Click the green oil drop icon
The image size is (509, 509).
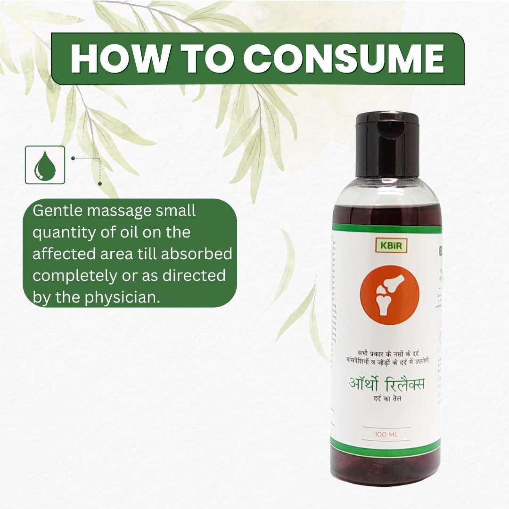[x=45, y=165]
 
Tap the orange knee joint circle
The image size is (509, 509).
[x=389, y=295]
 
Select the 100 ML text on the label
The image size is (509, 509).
[x=386, y=434]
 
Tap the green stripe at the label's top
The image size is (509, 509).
[x=386, y=229]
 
